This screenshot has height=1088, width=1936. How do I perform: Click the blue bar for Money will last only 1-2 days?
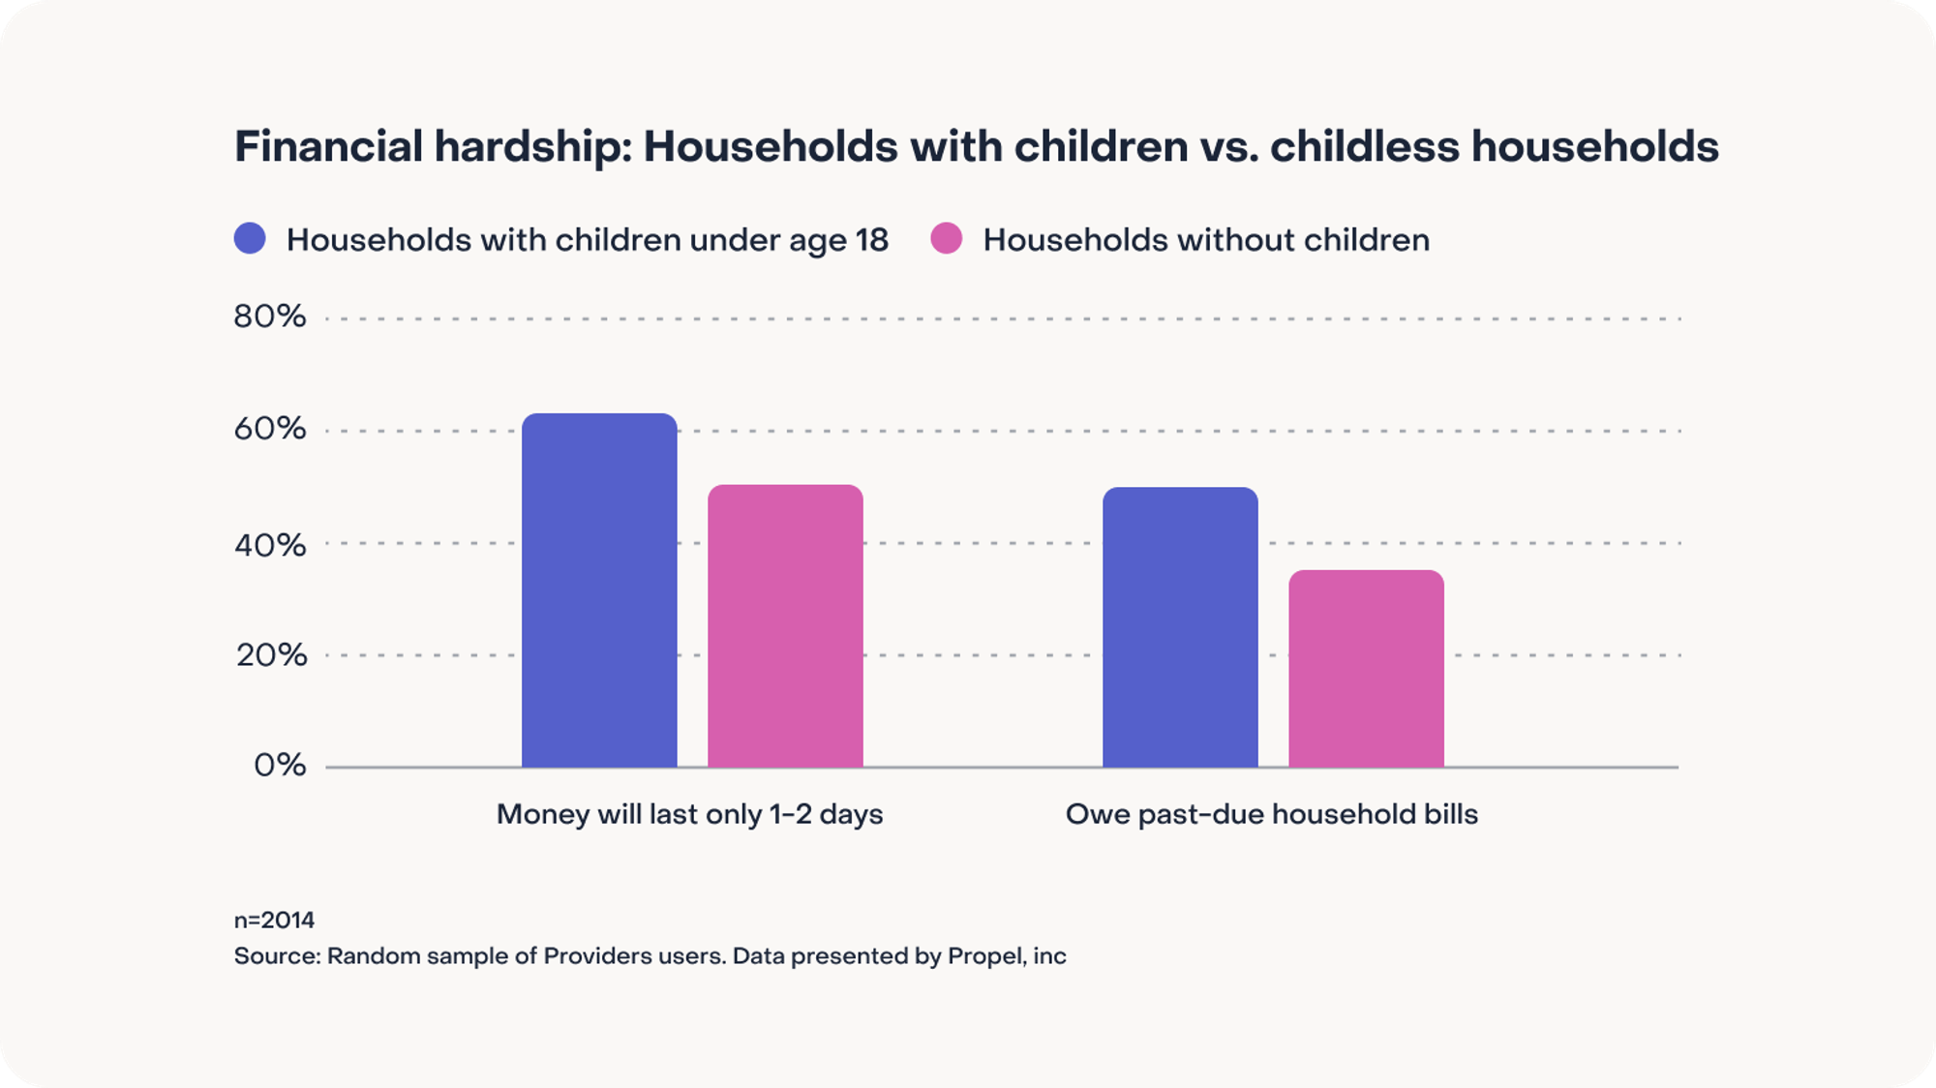click(599, 590)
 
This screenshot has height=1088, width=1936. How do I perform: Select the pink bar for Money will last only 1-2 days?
click(785, 626)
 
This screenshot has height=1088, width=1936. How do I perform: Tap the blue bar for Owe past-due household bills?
click(1180, 627)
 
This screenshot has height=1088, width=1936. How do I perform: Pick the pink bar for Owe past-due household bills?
click(1366, 669)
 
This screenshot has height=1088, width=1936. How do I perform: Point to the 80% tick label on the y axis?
click(270, 317)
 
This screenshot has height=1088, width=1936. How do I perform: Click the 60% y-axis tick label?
click(270, 429)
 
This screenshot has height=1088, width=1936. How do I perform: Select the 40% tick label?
click(270, 545)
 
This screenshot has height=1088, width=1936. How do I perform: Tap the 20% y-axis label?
click(271, 655)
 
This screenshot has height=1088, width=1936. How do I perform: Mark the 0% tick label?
click(280, 766)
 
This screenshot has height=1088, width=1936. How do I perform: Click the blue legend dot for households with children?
click(250, 238)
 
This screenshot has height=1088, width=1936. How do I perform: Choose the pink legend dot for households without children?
click(947, 238)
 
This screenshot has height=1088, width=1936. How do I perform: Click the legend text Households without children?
click(1206, 240)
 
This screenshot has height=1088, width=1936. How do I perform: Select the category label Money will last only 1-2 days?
click(689, 814)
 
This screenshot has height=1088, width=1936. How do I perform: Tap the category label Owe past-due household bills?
click(1272, 814)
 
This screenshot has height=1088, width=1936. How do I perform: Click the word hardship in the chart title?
click(532, 147)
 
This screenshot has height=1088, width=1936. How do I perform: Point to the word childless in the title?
click(1364, 147)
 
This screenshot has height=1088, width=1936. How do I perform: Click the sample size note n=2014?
click(274, 920)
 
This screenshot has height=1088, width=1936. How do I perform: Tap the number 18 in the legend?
click(871, 240)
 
